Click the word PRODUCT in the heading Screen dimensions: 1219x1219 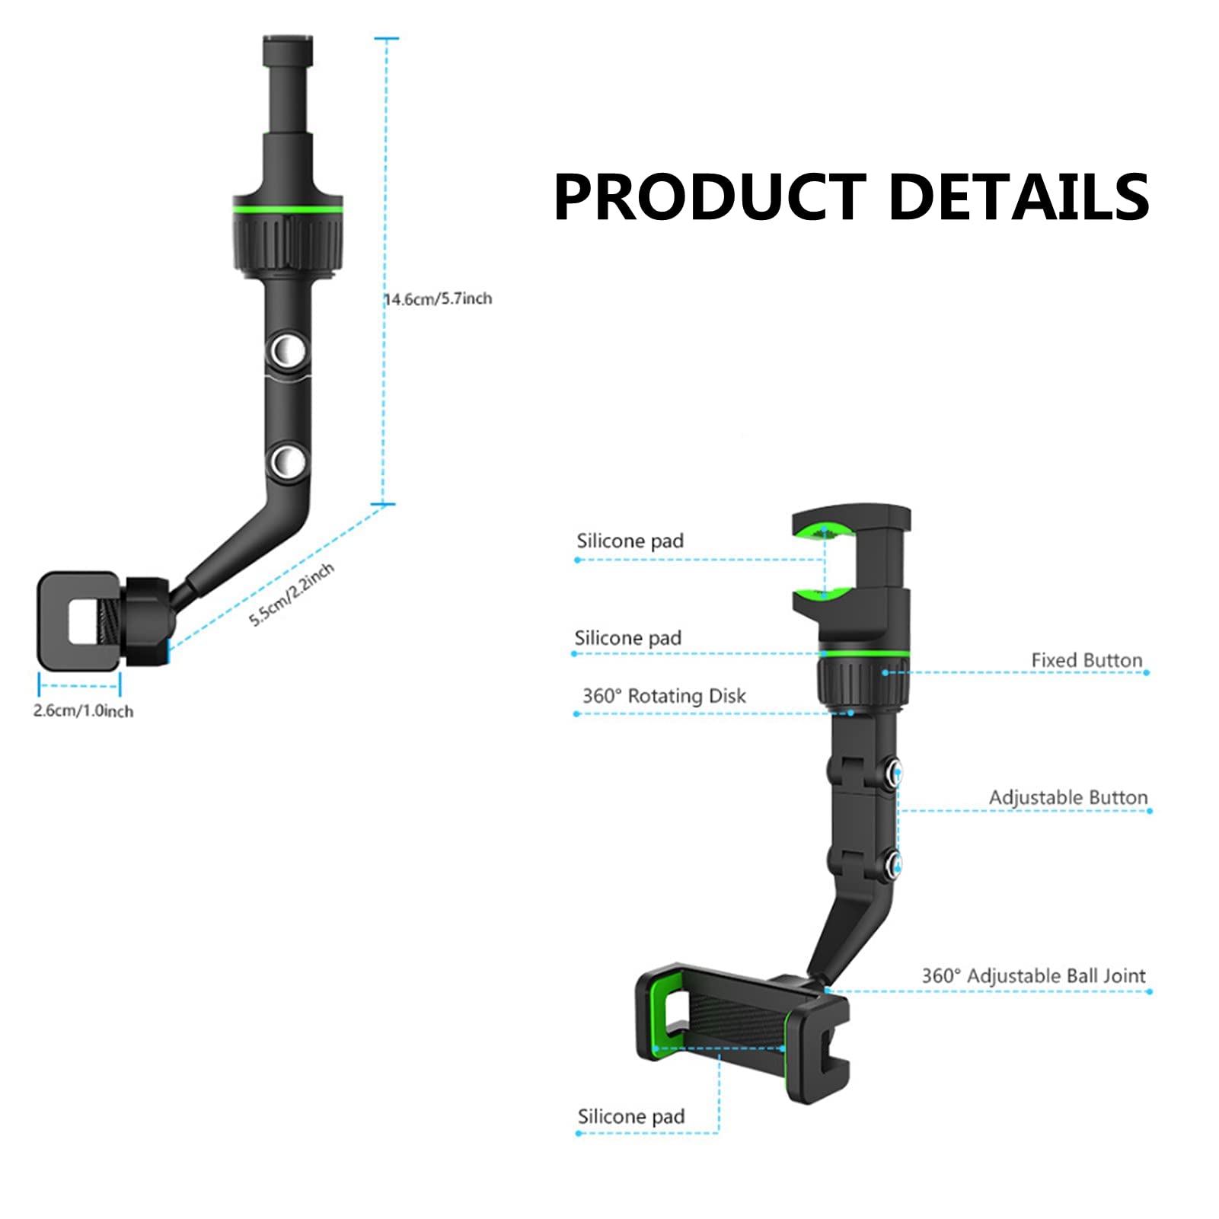(x=710, y=196)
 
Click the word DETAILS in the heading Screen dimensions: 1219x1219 (x=1019, y=196)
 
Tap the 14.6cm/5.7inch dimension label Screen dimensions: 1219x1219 (x=438, y=299)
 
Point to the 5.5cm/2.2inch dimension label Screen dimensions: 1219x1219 (x=292, y=595)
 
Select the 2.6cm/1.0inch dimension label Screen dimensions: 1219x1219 (x=83, y=711)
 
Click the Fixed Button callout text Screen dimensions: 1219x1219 (x=1087, y=660)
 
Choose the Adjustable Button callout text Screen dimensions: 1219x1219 (x=1068, y=797)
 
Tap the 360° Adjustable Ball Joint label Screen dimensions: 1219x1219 (x=1033, y=975)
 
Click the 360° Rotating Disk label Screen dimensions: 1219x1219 (x=664, y=696)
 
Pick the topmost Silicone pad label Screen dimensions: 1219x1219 (x=630, y=541)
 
